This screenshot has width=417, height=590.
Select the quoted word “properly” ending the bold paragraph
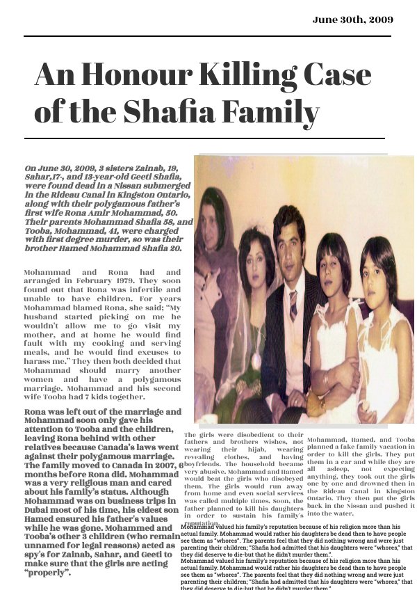pyautogui.click(x=48, y=573)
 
